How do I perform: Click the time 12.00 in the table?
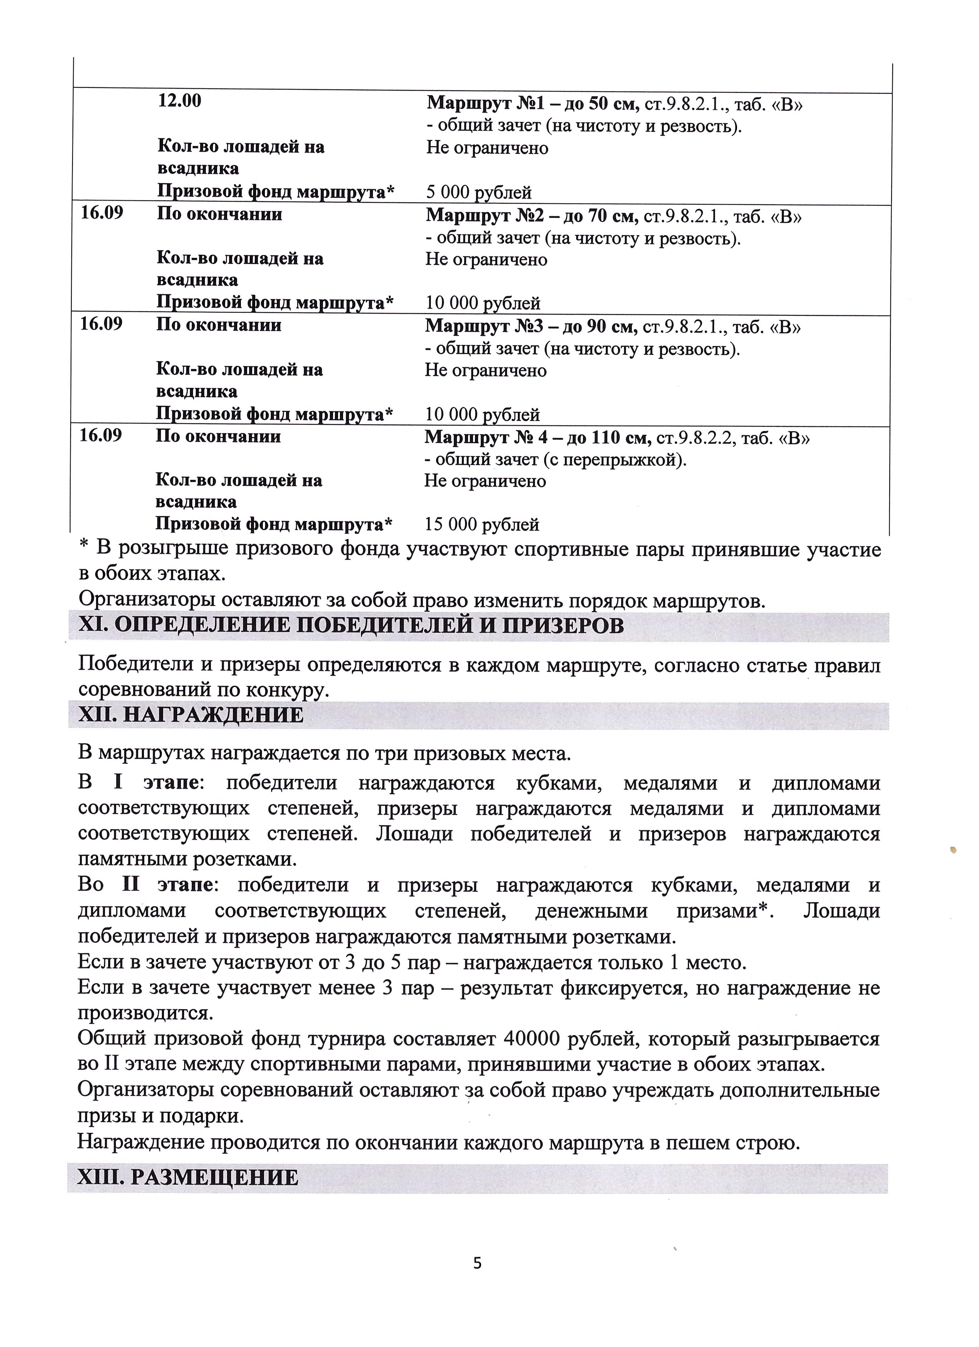pos(179,101)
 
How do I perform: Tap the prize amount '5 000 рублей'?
pos(478,192)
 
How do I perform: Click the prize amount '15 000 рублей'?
pos(481,525)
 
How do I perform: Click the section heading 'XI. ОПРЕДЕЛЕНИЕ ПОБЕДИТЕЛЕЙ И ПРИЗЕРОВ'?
pos(351,626)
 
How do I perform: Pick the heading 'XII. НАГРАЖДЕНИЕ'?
pos(191,715)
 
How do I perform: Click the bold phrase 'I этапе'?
pos(156,783)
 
